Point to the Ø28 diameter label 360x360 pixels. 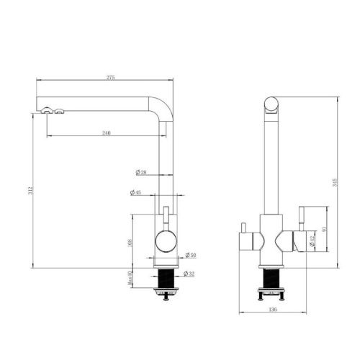click(140, 172)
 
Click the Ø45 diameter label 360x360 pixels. click(135, 192)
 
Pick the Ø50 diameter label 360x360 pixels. click(190, 255)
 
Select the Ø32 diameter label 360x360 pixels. click(190, 274)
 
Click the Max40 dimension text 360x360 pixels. click(130, 276)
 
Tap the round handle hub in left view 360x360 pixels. click(165, 241)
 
